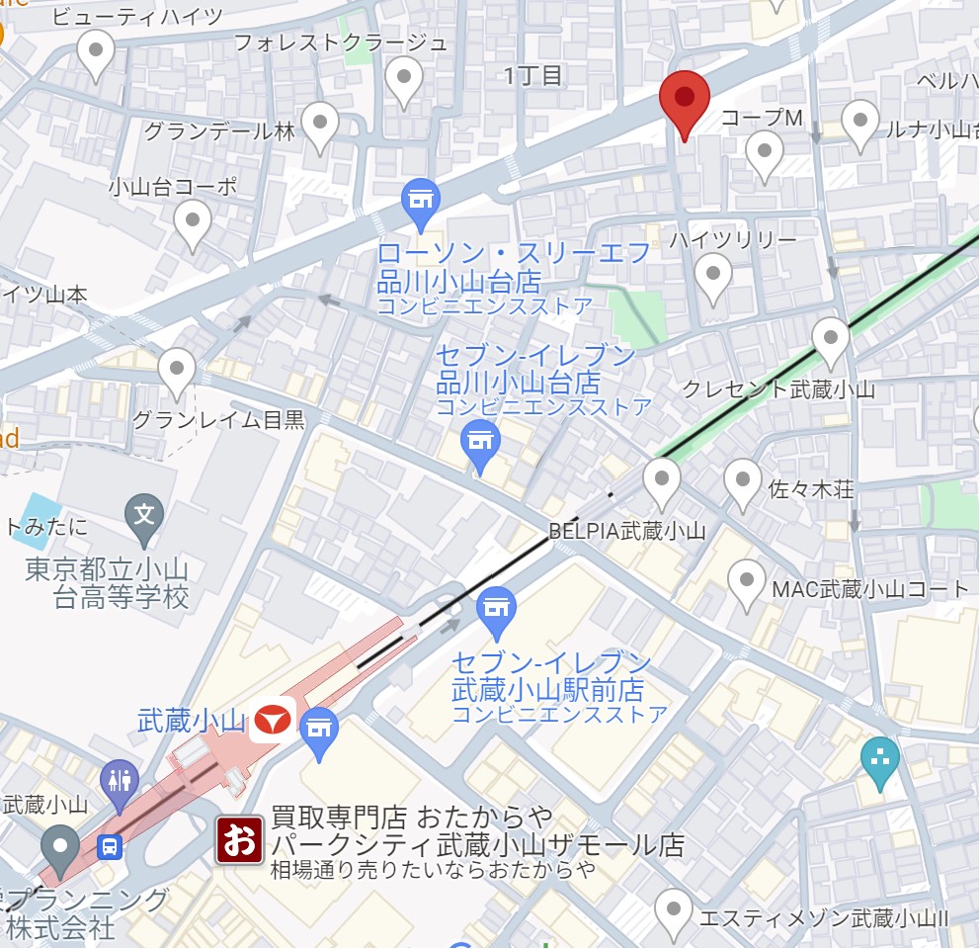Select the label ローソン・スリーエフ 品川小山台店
[515, 267]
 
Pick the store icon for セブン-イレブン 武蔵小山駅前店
[496, 609]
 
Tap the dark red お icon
[240, 839]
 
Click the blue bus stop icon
[110, 846]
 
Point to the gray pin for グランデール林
[320, 125]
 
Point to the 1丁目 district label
[532, 75]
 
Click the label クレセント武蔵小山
[778, 389]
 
